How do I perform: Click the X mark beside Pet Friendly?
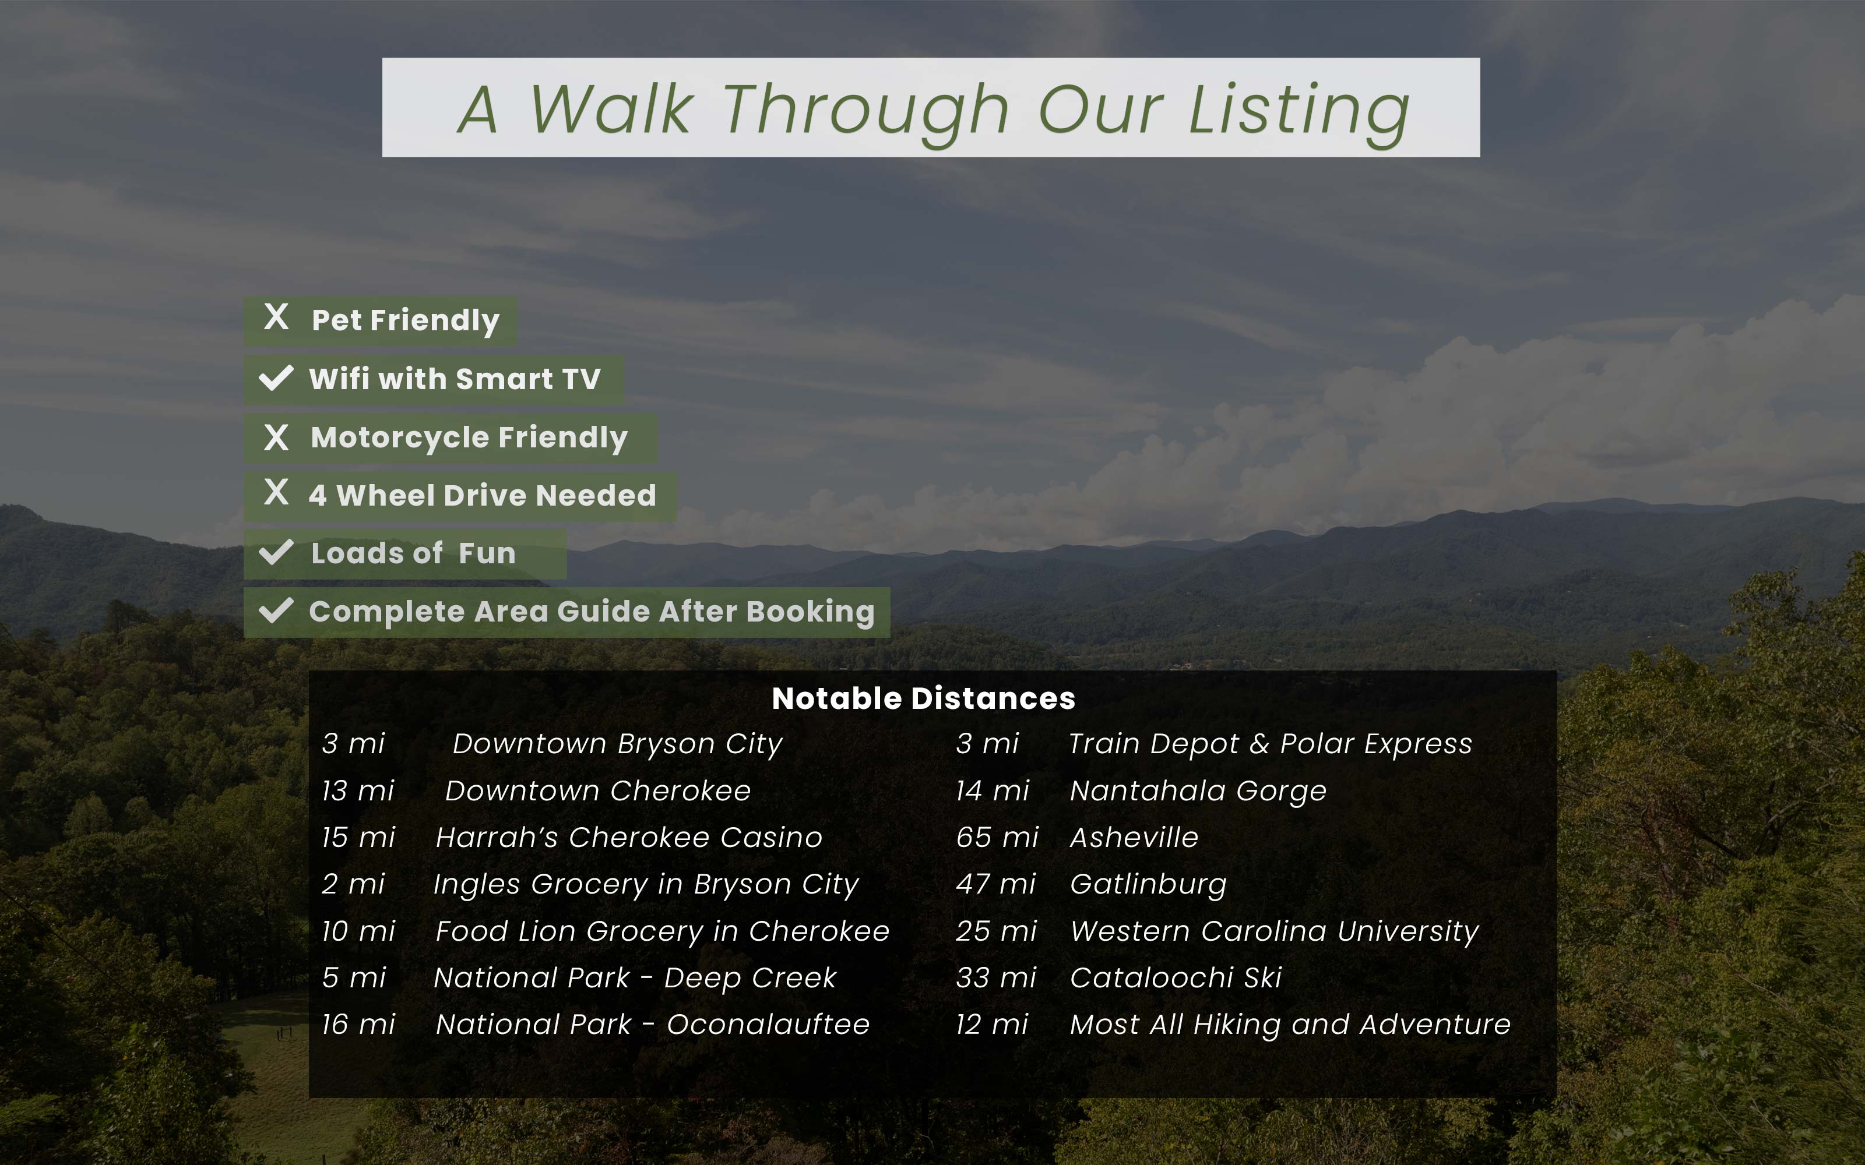276,317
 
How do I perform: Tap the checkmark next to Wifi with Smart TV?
276,378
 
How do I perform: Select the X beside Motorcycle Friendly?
276,437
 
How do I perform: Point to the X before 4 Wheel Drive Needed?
276,492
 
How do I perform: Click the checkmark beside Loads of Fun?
276,552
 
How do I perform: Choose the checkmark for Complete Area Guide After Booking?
276,610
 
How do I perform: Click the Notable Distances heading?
923,698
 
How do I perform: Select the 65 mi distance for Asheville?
997,838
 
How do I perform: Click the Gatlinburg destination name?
1148,885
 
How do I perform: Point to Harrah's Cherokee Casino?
629,838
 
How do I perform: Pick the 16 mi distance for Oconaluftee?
358,1025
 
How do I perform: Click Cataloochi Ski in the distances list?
1176,978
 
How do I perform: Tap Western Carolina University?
1275,931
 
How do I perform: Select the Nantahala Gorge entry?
1198,791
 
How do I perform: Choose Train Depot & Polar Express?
1270,744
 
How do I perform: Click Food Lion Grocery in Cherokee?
662,931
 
